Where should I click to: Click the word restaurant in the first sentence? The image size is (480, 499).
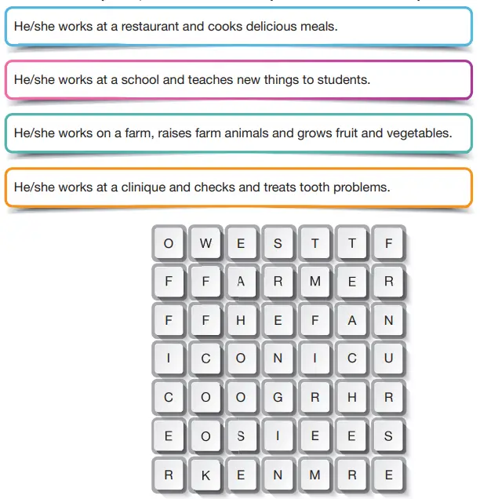151,27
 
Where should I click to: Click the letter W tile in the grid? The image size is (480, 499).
205,243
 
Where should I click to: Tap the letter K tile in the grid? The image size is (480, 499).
205,475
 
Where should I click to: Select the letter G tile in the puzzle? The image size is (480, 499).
278,397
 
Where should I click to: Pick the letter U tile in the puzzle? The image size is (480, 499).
388,359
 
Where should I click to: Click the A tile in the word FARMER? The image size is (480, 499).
241,282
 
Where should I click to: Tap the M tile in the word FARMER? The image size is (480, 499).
315,282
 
